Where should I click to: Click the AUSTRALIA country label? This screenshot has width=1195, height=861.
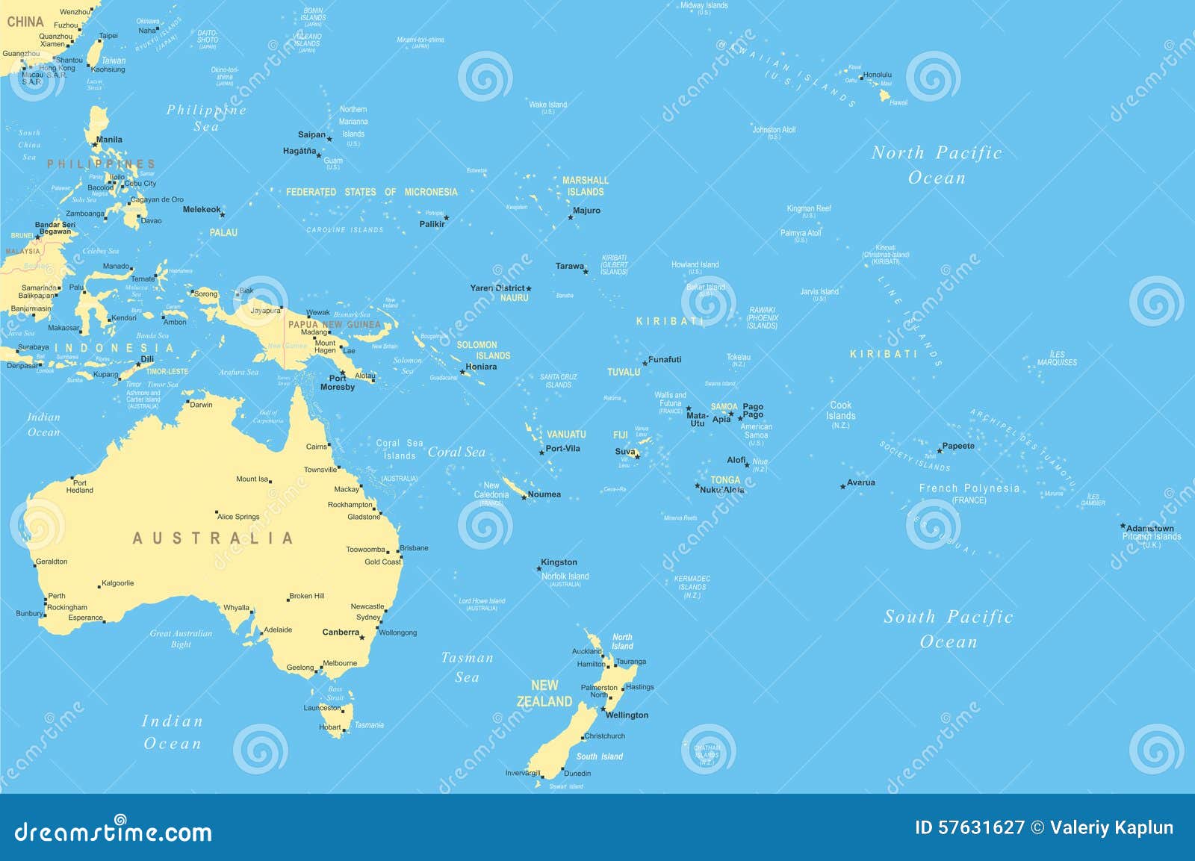tap(213, 538)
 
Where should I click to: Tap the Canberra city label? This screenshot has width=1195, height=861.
tap(341, 632)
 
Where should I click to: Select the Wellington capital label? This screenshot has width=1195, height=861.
tap(627, 715)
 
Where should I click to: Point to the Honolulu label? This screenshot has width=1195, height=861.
tap(877, 75)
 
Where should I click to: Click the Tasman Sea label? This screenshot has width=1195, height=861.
tap(467, 668)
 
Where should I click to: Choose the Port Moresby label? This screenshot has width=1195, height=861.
tap(337, 382)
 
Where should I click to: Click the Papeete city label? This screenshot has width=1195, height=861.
tap(958, 446)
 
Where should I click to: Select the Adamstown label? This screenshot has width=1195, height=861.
tap(1150, 528)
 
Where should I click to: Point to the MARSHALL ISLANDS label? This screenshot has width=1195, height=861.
tap(586, 186)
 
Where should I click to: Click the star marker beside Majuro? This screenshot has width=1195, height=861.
tap(570, 217)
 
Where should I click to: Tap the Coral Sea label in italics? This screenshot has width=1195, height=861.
tap(456, 453)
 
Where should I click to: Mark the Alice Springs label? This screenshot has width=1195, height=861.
tap(238, 517)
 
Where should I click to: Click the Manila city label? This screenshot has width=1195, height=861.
tap(109, 140)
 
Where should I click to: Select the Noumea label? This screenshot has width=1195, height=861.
tap(544, 494)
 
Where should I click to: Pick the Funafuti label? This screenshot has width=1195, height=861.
tap(665, 360)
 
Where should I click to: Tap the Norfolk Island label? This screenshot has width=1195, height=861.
tap(565, 576)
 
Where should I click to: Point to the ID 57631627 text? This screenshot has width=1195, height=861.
tap(969, 827)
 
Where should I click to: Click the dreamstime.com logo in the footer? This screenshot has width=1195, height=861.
tap(114, 830)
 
